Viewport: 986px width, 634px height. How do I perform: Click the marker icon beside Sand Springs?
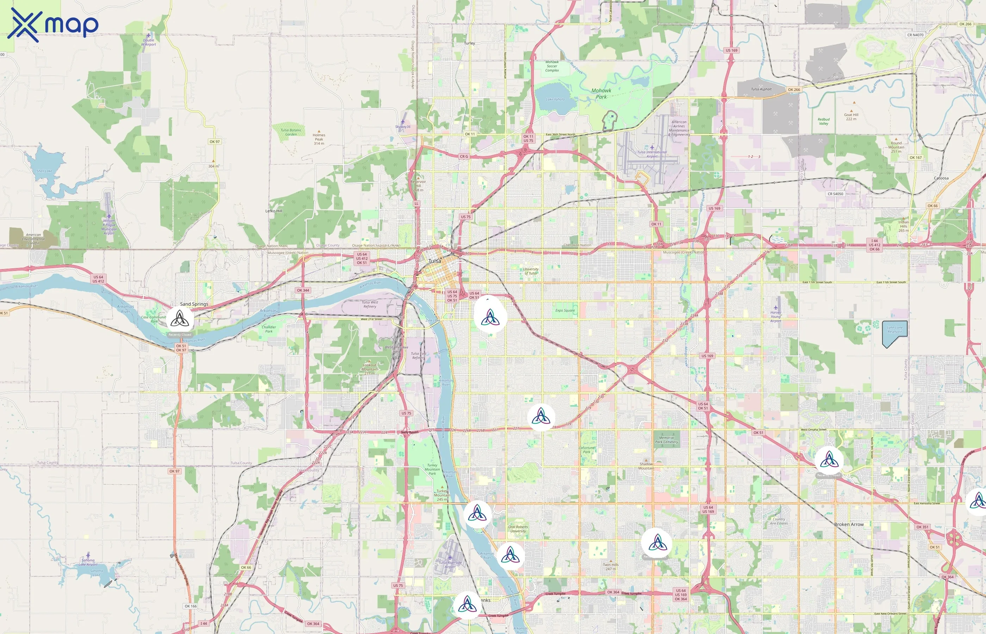(x=180, y=319)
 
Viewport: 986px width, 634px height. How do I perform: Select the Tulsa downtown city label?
(x=435, y=261)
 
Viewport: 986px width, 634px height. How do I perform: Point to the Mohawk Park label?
(x=601, y=93)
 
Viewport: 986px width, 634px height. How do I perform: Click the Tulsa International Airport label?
(x=652, y=154)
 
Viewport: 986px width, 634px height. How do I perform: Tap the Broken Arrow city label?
(x=849, y=524)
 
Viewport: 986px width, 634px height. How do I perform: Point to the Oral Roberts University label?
(x=518, y=529)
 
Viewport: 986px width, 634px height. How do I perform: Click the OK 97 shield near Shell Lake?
(x=214, y=142)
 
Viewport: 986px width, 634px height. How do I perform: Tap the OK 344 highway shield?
(x=303, y=290)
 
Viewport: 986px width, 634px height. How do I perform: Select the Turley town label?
(x=469, y=43)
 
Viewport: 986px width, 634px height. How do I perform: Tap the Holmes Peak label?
(x=319, y=139)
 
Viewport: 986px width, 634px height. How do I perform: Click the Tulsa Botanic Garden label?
(x=291, y=132)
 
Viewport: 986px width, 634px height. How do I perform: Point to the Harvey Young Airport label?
(x=775, y=316)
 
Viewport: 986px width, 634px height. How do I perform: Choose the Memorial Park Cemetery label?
(x=666, y=440)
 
